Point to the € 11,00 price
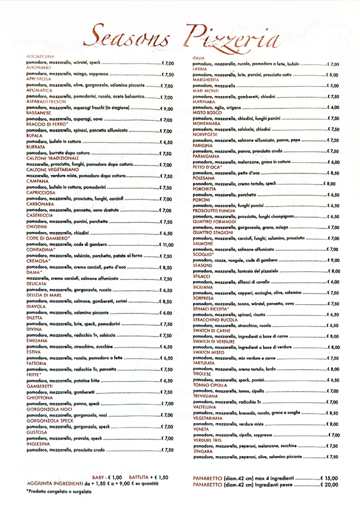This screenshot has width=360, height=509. (165, 245)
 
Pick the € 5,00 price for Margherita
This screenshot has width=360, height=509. (333, 85)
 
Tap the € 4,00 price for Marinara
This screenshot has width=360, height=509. (333, 108)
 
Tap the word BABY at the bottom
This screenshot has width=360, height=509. (99, 478)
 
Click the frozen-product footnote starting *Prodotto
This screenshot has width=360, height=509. (59, 491)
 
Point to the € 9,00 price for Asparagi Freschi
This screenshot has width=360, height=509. (167, 109)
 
